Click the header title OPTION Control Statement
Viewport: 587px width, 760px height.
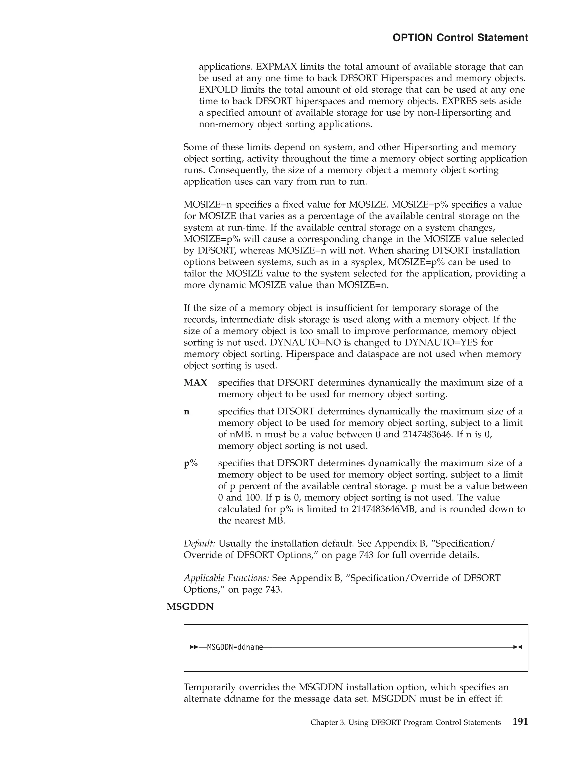click(x=460, y=38)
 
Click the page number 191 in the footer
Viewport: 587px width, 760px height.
click(x=520, y=722)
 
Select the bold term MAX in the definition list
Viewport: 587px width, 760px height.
click(x=195, y=383)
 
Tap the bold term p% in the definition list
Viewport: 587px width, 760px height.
click(x=191, y=463)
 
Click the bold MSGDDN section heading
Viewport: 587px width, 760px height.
click(x=190, y=607)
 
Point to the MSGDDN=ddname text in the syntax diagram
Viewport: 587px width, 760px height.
click(x=235, y=648)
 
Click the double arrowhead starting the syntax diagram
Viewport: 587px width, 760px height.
click(x=194, y=648)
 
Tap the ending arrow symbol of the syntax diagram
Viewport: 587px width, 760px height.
click(x=518, y=648)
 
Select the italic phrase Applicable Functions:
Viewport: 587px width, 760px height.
click(x=226, y=578)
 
